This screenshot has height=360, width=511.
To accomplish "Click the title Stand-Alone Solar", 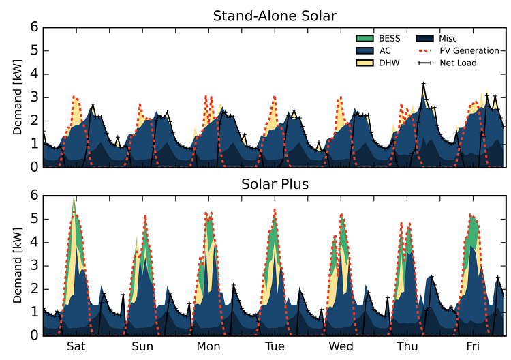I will [274, 15].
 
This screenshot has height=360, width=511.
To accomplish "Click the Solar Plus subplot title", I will [274, 184].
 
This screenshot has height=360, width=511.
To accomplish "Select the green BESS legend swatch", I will [367, 39].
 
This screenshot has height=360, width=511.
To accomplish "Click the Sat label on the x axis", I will [76, 346].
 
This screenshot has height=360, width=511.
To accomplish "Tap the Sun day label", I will [142, 346].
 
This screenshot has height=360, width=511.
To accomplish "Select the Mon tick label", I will [208, 346].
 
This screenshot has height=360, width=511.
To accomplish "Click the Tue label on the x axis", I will [275, 346].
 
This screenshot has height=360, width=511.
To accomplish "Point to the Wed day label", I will [341, 346].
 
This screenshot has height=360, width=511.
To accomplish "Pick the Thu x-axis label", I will [407, 346].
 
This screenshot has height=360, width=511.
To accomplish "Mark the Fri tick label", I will [473, 346].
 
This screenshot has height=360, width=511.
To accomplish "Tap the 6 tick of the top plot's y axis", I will [33, 28].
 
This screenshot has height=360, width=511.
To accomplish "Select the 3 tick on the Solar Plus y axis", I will [33, 265].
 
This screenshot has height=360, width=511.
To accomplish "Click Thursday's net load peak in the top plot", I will [423, 84].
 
